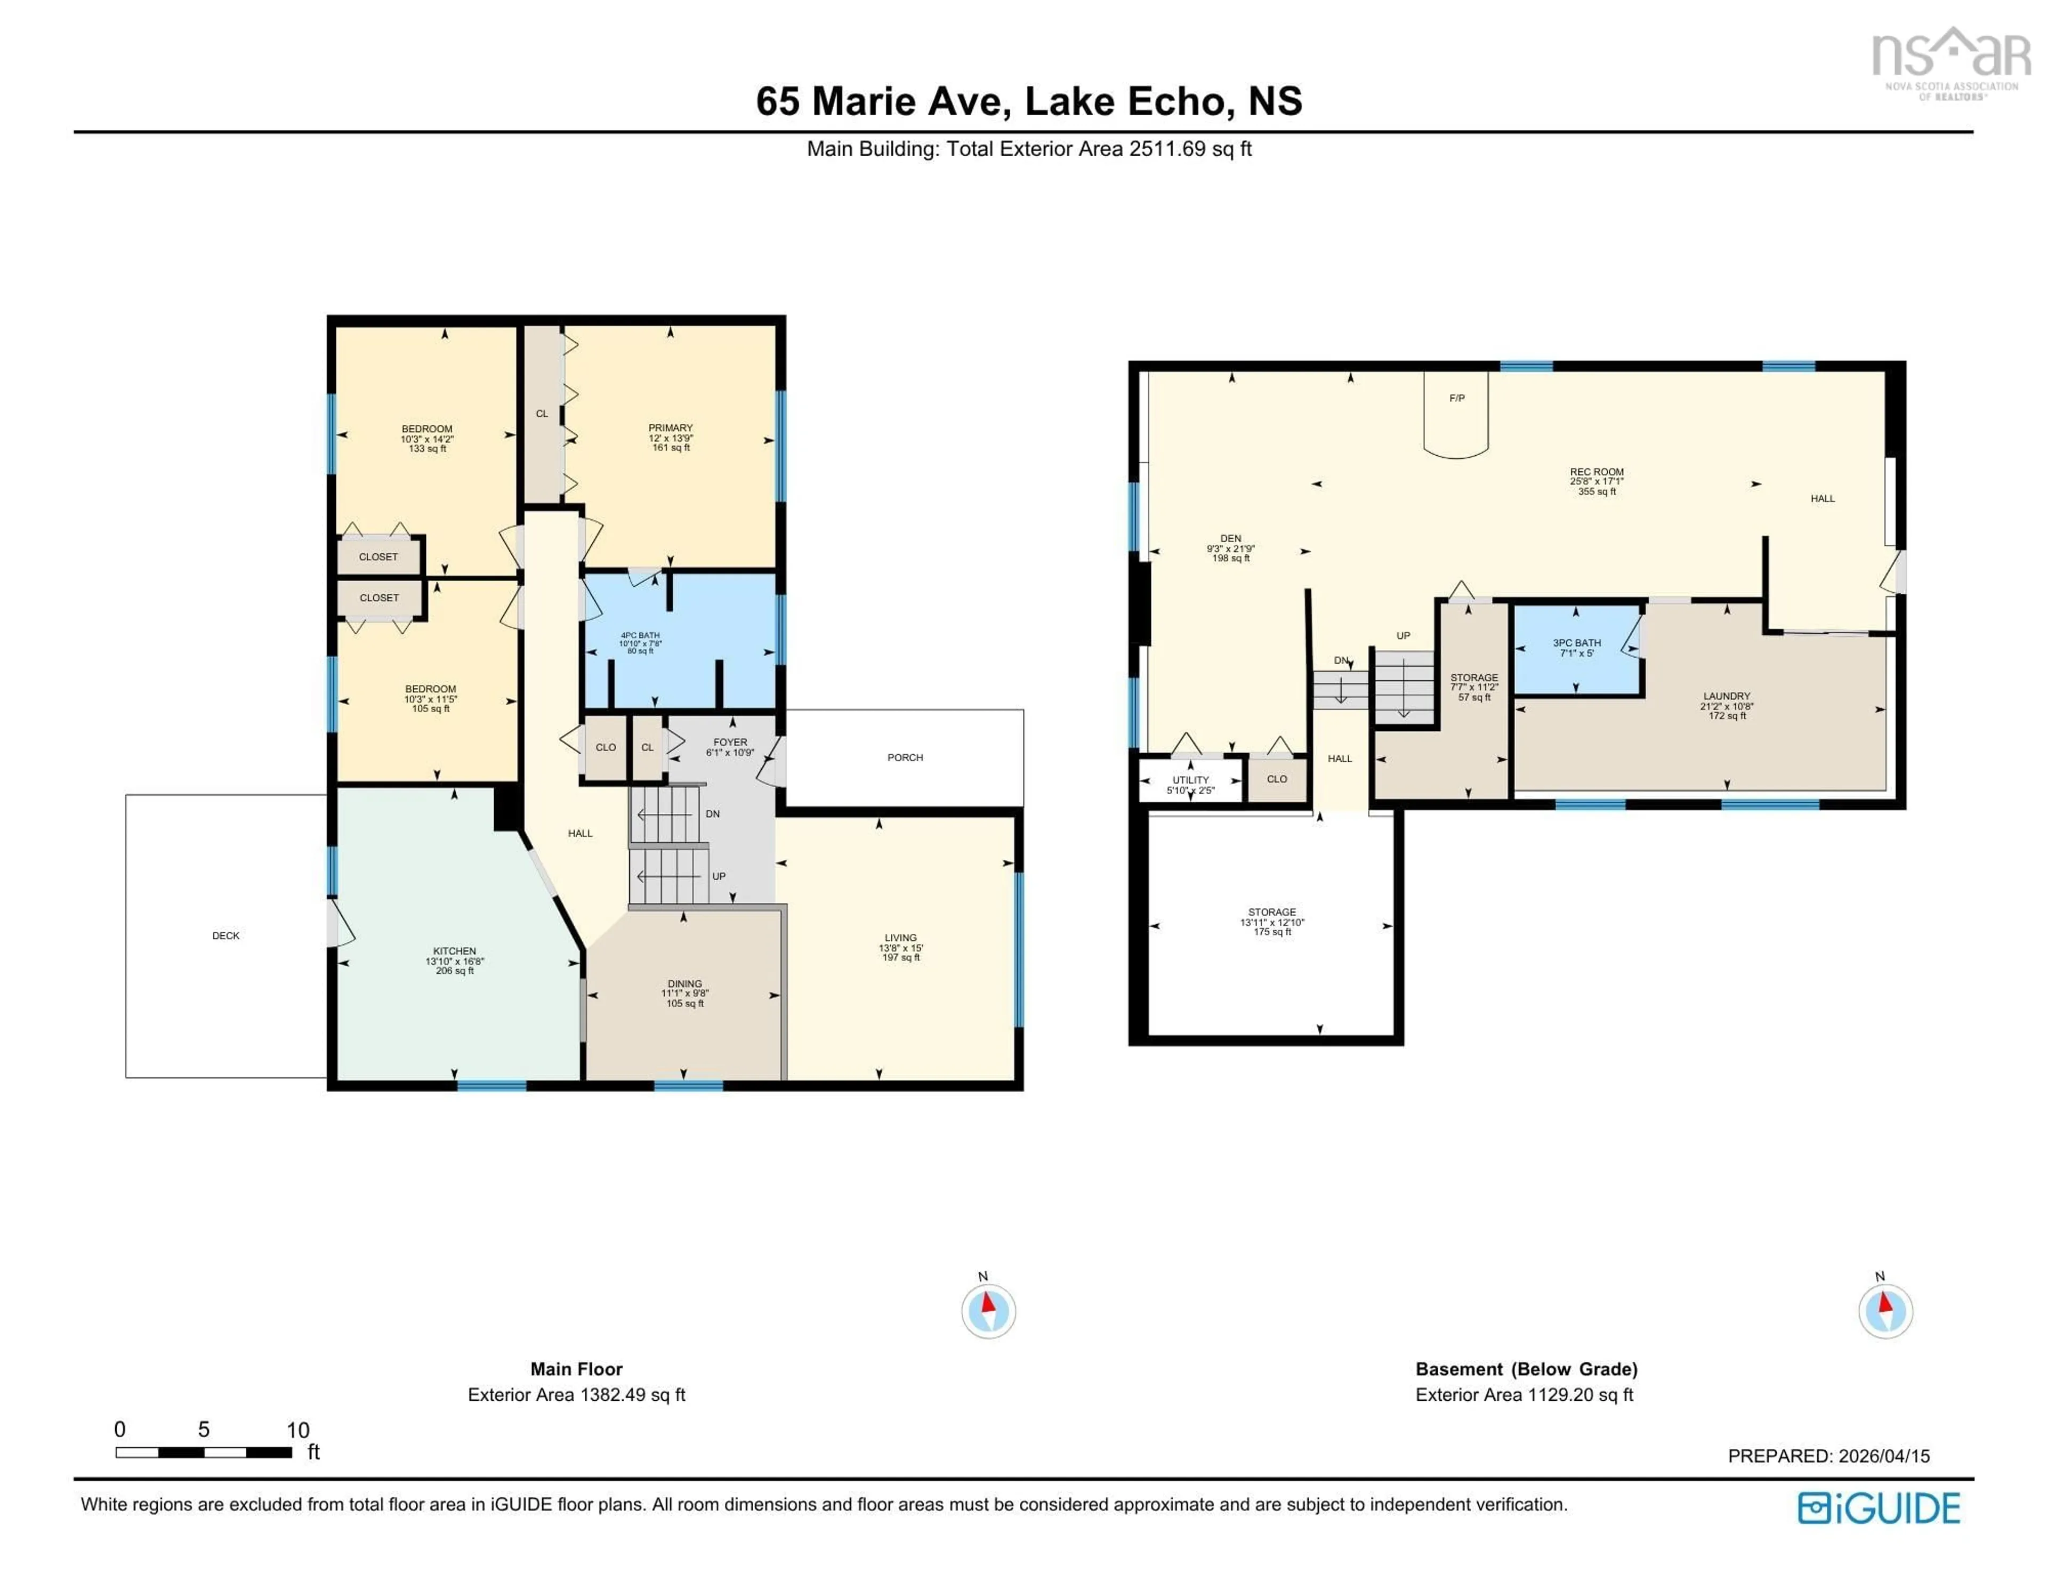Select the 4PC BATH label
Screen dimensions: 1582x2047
pos(640,635)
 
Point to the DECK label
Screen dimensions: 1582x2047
pos(226,935)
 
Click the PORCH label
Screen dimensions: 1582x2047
pos(905,757)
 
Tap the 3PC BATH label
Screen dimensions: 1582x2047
pos(1576,643)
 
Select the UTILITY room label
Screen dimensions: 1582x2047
pos(1190,780)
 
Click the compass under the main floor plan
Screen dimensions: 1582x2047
pos(988,1310)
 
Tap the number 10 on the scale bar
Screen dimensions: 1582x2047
pos(297,1430)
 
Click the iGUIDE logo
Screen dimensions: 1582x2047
pos(1879,1508)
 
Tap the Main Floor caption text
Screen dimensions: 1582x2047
pos(576,1369)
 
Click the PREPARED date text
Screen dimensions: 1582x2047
pos(1828,1456)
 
